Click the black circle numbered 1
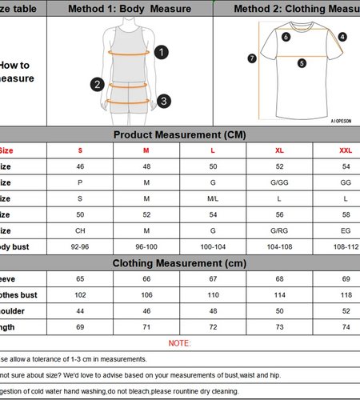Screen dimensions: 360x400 click(162, 52)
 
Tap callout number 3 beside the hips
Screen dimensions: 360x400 click(163, 101)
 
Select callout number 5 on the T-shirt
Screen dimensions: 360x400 click(302, 63)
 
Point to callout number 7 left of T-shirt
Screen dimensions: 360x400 click(252, 58)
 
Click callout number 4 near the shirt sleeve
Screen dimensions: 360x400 click(342, 37)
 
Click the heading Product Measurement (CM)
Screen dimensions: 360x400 click(179, 134)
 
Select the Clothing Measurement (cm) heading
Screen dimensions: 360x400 click(179, 262)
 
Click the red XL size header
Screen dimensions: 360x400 click(278, 150)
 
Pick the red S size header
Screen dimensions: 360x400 click(80, 150)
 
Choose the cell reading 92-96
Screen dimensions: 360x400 click(80, 247)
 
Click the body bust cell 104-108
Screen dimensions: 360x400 click(278, 247)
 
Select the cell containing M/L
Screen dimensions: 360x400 click(213, 198)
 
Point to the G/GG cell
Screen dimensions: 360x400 click(278, 182)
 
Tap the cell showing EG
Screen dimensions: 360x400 click(346, 231)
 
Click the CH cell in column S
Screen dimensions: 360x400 click(80, 231)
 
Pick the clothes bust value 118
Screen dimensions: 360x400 click(346, 294)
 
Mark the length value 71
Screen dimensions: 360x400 click(146, 327)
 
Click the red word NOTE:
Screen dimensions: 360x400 click(179, 343)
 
